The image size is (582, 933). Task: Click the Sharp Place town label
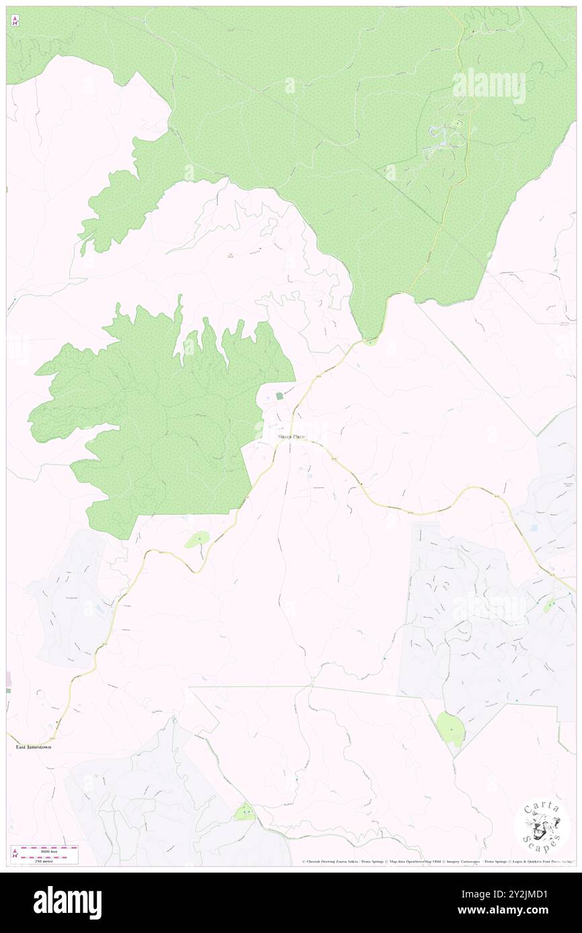291,437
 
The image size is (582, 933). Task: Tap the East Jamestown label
34,746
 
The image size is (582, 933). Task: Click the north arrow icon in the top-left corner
15,21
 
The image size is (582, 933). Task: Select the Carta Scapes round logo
542,828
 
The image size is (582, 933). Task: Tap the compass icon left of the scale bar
15,854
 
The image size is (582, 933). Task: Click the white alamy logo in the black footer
68,903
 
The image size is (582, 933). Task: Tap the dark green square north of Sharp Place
280,396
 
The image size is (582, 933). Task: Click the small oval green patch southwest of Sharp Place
198,538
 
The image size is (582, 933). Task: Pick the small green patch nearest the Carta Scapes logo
450,729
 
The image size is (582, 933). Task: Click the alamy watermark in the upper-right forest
489,86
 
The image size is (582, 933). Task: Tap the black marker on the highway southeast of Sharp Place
361,483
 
